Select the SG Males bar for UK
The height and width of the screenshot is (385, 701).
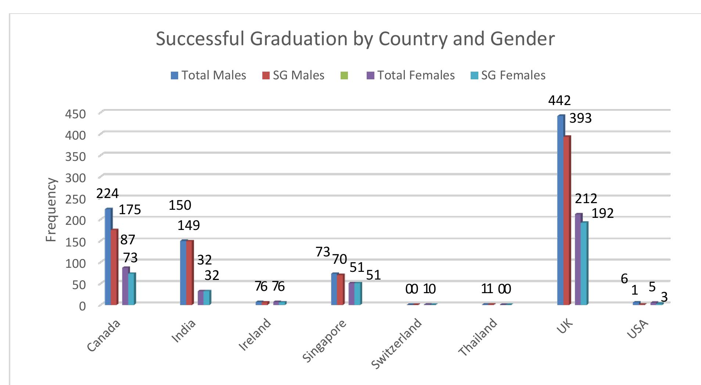tap(567, 220)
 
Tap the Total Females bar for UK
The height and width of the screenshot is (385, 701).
tap(578, 259)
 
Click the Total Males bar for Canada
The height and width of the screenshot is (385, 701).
tap(108, 257)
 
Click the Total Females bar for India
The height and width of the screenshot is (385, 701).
tap(201, 298)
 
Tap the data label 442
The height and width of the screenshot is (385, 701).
tap(559, 100)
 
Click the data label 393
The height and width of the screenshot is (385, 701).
tap(580, 118)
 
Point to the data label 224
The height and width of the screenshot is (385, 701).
tap(107, 193)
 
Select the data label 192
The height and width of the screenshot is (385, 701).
tap(603, 213)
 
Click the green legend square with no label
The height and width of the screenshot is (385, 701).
tap(344, 76)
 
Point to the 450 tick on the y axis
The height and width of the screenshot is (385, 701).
tap(75, 114)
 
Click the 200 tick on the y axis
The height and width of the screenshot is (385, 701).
tap(75, 220)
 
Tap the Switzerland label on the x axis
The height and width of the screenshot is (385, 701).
tap(397, 343)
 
